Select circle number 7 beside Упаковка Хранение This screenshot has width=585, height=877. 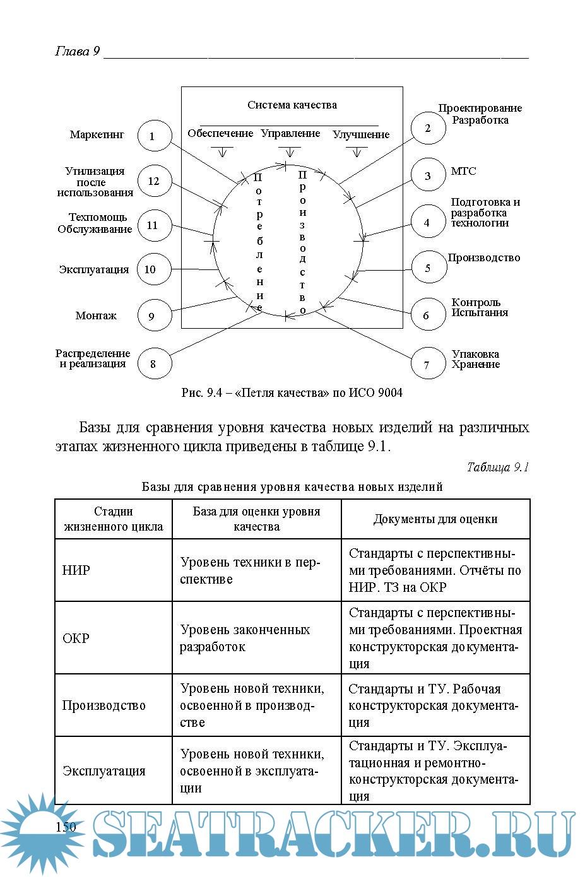pyautogui.click(x=427, y=363)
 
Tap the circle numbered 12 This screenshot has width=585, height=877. pyautogui.click(x=154, y=181)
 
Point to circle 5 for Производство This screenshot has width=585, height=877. pyautogui.click(x=428, y=268)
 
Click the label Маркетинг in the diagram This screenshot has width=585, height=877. pyautogui.click(x=97, y=134)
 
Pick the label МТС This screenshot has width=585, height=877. pyautogui.click(x=463, y=171)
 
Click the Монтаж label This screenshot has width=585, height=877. pyautogui.click(x=96, y=315)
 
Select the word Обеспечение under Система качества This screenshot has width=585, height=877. pyautogui.click(x=220, y=133)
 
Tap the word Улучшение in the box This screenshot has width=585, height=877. pyautogui.click(x=361, y=134)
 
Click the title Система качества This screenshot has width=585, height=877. pyautogui.click(x=292, y=105)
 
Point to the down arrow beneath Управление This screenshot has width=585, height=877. pyautogui.click(x=290, y=152)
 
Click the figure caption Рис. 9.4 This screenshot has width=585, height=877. pyautogui.click(x=292, y=392)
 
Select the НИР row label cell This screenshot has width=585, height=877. pyautogui.click(x=76, y=570)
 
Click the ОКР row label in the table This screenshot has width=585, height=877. pyautogui.click(x=76, y=638)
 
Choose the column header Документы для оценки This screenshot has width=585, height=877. pyautogui.click(x=435, y=519)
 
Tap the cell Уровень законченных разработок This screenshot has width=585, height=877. pyautogui.click(x=245, y=638)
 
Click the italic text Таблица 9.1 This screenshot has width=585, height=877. pyautogui.click(x=497, y=468)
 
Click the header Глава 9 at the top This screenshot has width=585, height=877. pyautogui.click(x=77, y=52)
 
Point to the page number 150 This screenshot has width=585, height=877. pyautogui.click(x=66, y=827)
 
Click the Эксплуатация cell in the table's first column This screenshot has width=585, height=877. pyautogui.click(x=104, y=770)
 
